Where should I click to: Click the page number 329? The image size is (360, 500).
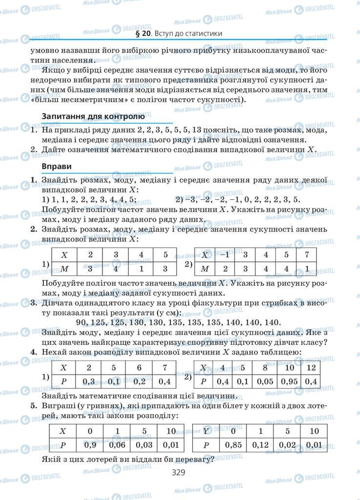(180, 473)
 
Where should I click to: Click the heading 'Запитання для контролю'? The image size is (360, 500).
(93, 117)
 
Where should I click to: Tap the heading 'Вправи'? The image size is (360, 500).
(55, 167)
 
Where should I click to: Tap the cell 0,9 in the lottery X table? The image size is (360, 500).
(90, 445)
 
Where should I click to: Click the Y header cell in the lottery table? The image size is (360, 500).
(206, 431)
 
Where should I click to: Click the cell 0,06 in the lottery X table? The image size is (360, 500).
(117, 445)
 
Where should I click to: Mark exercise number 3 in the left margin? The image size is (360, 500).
(33, 303)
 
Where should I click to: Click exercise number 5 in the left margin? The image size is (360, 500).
(33, 406)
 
